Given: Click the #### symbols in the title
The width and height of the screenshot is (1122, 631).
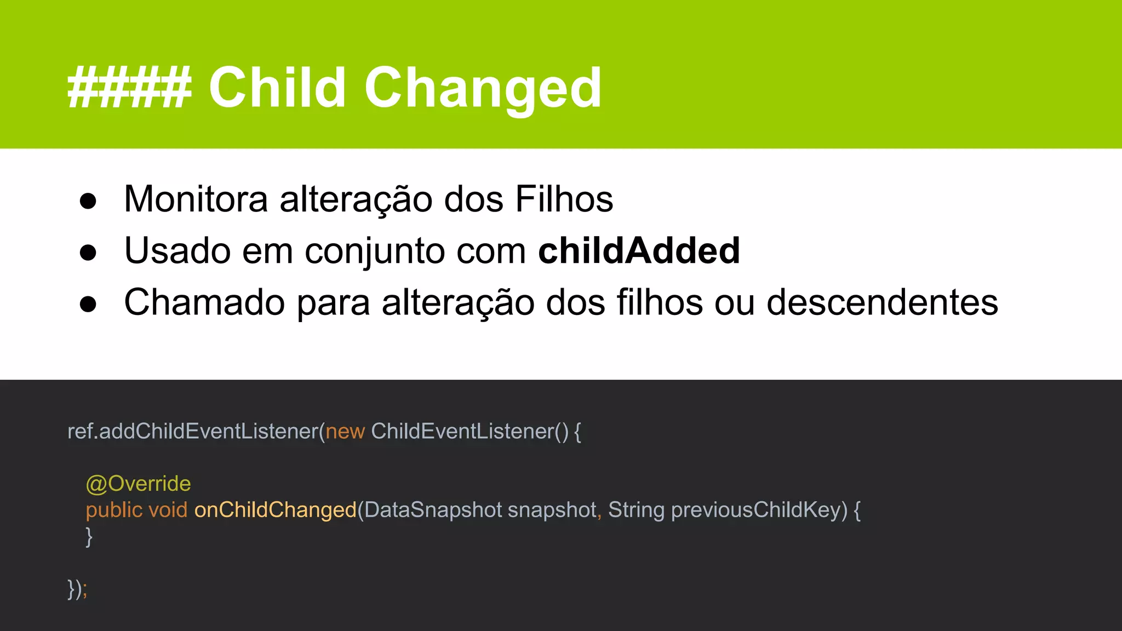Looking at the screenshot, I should pyautogui.click(x=129, y=88).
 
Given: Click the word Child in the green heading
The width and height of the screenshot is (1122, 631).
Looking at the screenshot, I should pyautogui.click(x=277, y=88).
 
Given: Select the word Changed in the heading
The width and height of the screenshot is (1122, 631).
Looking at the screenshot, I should pyautogui.click(x=483, y=88).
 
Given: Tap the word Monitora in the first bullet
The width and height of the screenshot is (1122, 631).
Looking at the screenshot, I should pyautogui.click(x=196, y=199).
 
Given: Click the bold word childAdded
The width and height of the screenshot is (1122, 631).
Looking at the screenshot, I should pyautogui.click(x=639, y=251).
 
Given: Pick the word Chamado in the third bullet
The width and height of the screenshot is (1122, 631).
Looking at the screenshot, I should pyautogui.click(x=204, y=302).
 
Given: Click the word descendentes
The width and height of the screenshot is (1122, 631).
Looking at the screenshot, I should pyautogui.click(x=882, y=302).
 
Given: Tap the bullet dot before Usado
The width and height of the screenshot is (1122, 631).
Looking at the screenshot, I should pyautogui.click(x=88, y=253).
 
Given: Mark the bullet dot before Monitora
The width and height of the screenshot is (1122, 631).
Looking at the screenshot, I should pyautogui.click(x=88, y=201).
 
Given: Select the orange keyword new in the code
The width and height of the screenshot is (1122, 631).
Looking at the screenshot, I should pyautogui.click(x=345, y=432).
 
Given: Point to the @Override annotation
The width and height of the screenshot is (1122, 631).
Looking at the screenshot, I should pyautogui.click(x=138, y=484).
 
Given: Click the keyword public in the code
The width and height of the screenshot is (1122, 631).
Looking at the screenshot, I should pyautogui.click(x=114, y=510).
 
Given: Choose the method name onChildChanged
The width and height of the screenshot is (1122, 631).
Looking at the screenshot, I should pyautogui.click(x=275, y=510).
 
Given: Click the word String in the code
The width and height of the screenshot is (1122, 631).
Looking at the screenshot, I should pyautogui.click(x=636, y=510).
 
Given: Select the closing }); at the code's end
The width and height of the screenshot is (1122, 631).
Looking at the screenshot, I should pyautogui.click(x=77, y=589).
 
